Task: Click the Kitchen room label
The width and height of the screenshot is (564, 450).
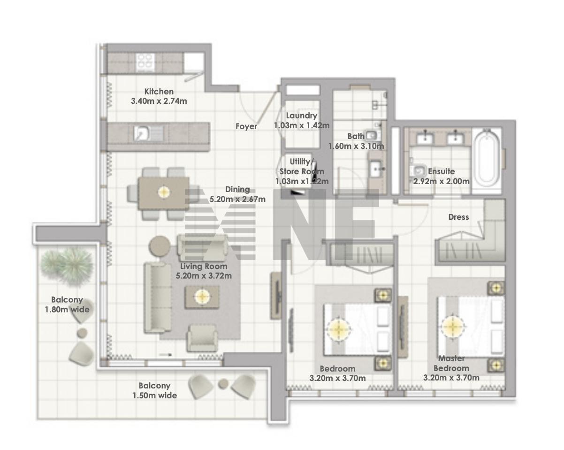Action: (x=159, y=92)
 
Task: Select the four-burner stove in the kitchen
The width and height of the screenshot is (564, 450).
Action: (x=145, y=63)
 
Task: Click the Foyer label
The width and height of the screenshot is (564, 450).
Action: (x=246, y=126)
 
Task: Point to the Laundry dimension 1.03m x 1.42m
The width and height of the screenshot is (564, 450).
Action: (x=302, y=125)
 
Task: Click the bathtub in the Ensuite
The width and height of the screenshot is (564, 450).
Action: (x=487, y=158)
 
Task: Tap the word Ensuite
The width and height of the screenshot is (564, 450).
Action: (x=442, y=171)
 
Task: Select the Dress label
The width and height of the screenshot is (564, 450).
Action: (x=458, y=217)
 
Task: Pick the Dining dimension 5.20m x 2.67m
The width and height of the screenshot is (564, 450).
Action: (x=237, y=199)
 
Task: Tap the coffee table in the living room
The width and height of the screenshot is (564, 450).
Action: (x=202, y=297)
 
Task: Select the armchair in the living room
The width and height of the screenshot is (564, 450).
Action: (x=202, y=338)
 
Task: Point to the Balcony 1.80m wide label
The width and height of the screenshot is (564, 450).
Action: (x=67, y=305)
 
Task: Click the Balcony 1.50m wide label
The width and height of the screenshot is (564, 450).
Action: (x=155, y=390)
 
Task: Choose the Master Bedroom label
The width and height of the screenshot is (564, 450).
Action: (x=451, y=363)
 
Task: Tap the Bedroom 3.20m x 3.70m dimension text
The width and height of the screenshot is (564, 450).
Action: (x=337, y=378)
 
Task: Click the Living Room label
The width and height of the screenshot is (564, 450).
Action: (x=204, y=266)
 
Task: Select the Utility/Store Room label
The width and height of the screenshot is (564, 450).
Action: (x=302, y=167)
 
